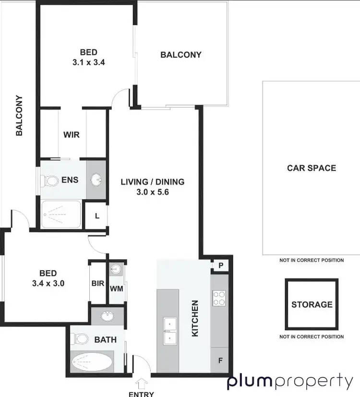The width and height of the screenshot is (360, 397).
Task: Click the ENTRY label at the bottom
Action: pyautogui.click(x=142, y=394)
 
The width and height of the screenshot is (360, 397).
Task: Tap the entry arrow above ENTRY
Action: pyautogui.click(x=142, y=383)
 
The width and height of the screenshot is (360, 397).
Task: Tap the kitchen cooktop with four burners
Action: pyautogui.click(x=219, y=298)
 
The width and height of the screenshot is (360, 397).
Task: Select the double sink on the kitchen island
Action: pyautogui.click(x=168, y=331)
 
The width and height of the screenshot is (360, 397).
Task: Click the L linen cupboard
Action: pyautogui.click(x=96, y=216)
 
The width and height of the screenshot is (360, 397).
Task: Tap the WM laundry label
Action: pyautogui.click(x=116, y=289)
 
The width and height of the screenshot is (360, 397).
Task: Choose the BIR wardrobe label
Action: pyautogui.click(x=97, y=283)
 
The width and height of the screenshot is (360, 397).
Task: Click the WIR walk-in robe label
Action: pyautogui.click(x=71, y=135)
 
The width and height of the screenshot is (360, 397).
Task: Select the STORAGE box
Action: pyautogui.click(x=312, y=304)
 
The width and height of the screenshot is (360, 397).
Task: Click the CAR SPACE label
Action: pyautogui.click(x=311, y=168)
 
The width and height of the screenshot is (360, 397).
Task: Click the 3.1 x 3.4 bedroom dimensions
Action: pyautogui.click(x=89, y=61)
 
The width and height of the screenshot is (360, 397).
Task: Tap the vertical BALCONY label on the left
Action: pyautogui.click(x=19, y=115)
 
